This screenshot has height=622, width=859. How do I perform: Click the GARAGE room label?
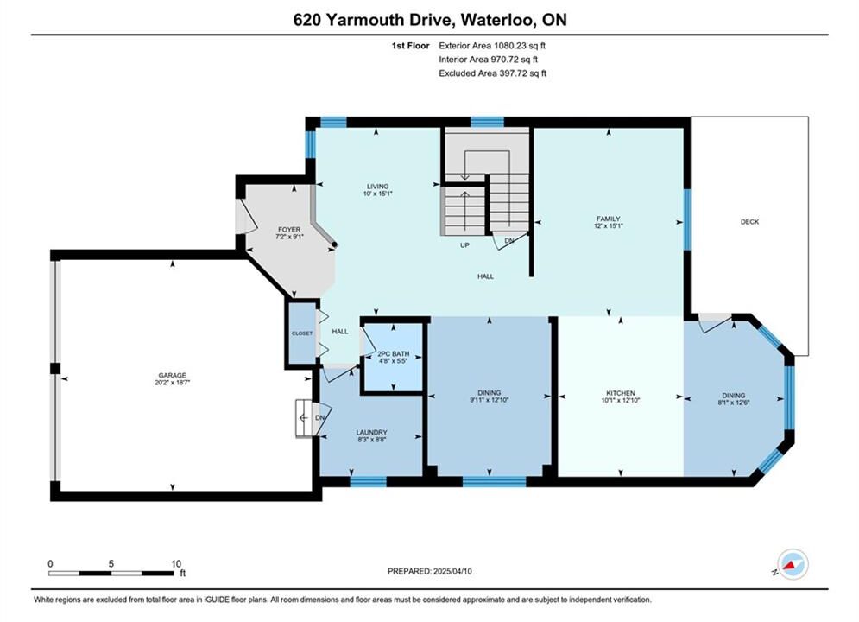click(173, 376)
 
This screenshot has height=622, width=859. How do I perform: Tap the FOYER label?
click(289, 230)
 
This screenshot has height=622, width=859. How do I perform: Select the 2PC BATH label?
click(394, 354)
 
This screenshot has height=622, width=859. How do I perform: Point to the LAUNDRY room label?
click(371, 433)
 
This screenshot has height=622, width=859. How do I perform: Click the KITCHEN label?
click(621, 393)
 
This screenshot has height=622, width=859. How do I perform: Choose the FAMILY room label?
click(608, 219)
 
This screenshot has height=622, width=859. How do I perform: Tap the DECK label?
click(750, 221)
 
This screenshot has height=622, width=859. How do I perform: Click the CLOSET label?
click(302, 333)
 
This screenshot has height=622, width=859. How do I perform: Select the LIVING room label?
click(377, 187)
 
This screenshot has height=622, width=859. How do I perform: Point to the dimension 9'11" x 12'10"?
click(490, 400)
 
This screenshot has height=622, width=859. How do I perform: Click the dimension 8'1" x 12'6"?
click(734, 403)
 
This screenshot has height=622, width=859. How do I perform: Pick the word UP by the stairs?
click(464, 245)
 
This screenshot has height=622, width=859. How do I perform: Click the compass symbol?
click(792, 564)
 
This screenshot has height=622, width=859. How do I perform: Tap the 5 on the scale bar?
click(111, 564)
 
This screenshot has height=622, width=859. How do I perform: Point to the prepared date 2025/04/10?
click(452, 571)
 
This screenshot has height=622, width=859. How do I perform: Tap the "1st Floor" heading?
click(410, 46)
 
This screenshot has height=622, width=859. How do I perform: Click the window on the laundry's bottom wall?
click(368, 482)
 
